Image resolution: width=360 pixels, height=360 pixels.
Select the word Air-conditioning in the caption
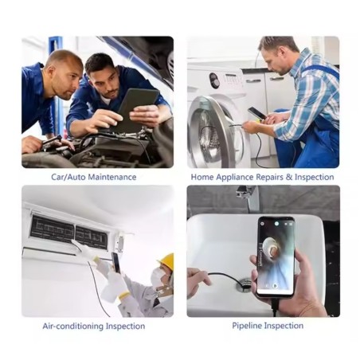pos(73,326)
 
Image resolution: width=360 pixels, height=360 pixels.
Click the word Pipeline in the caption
pos(247,326)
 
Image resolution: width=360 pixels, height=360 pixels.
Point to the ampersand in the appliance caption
pos(289,177)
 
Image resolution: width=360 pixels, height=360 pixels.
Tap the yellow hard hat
pos(166,261)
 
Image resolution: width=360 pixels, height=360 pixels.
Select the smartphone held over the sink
pos(276,256)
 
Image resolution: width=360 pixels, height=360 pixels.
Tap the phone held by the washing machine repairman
pos(257,113)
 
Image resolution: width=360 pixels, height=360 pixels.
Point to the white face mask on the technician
pos(158,276)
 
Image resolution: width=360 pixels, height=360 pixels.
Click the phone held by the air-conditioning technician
pos(115,263)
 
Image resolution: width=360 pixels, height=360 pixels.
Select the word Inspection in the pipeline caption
pos(284,326)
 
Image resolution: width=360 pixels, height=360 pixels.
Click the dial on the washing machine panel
pos(214,80)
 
